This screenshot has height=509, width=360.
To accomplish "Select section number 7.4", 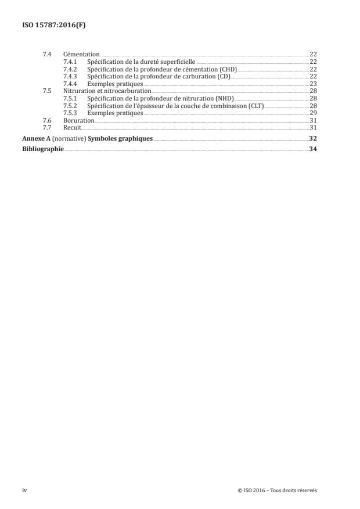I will pos(47,54).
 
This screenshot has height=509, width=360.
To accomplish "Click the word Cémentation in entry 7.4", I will pos(81,54).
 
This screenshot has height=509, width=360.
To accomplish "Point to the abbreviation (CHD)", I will pos(228,69).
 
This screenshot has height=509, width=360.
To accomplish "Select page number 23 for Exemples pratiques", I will pos(312,84).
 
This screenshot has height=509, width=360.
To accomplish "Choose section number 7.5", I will pos(47,91).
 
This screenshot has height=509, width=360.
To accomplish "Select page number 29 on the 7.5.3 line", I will pos(312,113).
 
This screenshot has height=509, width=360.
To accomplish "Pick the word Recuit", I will pos(72,128).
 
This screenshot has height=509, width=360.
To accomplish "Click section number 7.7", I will pos(47,128).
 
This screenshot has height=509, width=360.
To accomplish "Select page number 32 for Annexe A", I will pos(312,139).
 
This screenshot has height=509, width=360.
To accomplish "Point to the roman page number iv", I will pos(24,490).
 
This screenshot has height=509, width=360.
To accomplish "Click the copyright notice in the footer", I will pos(277,490).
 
